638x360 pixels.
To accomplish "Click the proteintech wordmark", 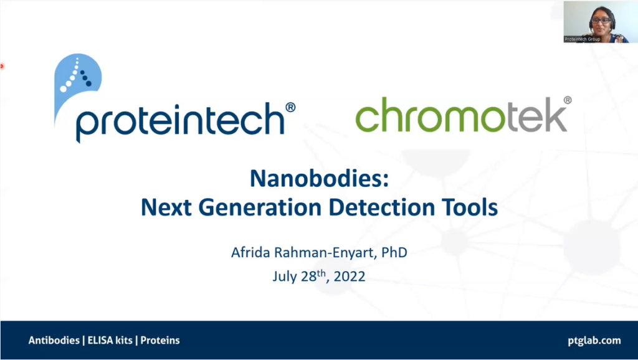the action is (x=180, y=122).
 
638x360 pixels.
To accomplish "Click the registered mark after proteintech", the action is (x=290, y=107).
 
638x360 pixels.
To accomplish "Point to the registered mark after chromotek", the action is (x=567, y=100).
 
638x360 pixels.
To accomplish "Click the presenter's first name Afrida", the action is (x=250, y=253).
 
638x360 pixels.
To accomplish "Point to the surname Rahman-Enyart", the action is (x=324, y=253).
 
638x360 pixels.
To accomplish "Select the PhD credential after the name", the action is (x=394, y=253).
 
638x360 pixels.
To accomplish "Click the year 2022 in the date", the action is (x=349, y=277).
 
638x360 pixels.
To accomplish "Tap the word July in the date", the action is (x=285, y=277).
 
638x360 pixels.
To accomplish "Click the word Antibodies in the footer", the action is (x=54, y=341).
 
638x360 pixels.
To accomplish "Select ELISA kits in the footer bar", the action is (x=110, y=341).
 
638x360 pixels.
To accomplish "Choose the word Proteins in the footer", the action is (x=160, y=341).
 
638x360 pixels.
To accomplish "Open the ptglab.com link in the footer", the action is (x=594, y=341).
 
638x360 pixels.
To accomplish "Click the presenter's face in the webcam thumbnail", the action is (x=601, y=21).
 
